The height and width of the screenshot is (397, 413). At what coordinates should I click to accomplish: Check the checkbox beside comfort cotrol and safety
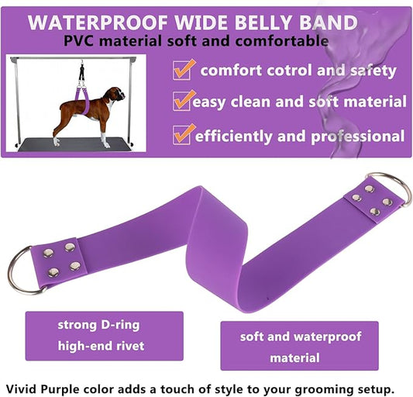[x=182, y=69]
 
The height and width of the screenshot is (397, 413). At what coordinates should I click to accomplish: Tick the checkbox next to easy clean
[x=182, y=101]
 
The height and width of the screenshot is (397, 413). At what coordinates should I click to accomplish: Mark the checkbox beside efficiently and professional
[x=182, y=133]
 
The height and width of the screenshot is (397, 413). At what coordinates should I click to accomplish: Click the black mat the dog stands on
[x=77, y=143]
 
